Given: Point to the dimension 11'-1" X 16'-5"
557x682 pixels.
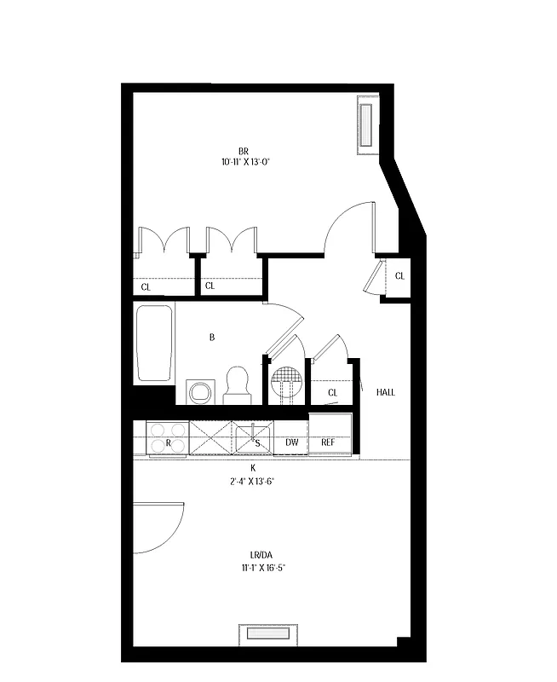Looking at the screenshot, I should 253,567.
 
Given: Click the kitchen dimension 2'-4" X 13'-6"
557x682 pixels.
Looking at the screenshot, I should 253,481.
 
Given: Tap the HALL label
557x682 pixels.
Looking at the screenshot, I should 386,393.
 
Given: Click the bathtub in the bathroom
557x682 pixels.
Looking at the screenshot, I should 154,343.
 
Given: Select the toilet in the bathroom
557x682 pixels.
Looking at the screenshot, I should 237,385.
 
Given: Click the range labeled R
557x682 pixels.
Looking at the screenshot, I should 167,437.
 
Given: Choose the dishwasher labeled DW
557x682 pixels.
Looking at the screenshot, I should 291,442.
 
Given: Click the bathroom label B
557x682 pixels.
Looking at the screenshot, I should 212,338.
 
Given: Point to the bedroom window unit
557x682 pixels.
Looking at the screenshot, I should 367,125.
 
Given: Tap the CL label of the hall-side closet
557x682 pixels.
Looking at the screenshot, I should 332,393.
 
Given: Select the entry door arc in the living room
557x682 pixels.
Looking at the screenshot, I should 160,527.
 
